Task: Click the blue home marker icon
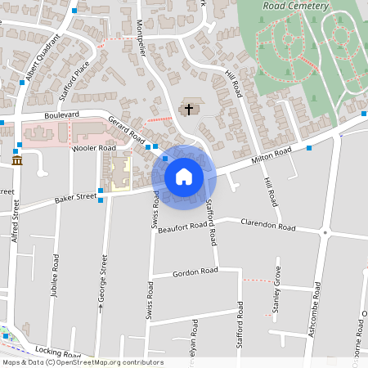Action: (183, 176)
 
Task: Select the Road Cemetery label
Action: (295, 6)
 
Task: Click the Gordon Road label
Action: (196, 272)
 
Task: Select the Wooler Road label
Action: (94, 148)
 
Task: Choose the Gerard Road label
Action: (126, 128)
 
